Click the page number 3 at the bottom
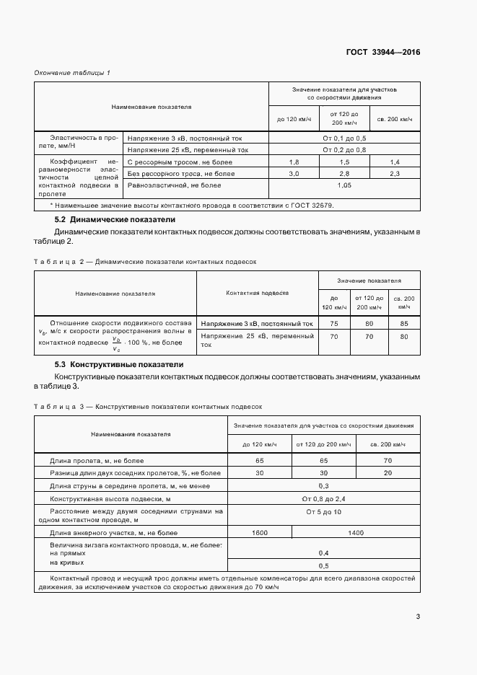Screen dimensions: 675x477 pos(418,616)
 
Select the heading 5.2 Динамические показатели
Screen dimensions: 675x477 pos(115,219)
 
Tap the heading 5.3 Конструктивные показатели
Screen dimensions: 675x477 pos(119,365)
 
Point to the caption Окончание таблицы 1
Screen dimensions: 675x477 pos(72,73)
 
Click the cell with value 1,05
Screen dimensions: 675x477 pos(343,185)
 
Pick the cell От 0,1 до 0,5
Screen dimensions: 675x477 pos(343,138)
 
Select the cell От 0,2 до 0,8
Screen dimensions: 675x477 pos(343,150)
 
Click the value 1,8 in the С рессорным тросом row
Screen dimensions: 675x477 pos(294,162)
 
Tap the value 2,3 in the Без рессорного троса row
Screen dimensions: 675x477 pos(394,174)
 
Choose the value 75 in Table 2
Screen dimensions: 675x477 pos(334,324)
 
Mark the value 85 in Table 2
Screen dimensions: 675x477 pos(403,324)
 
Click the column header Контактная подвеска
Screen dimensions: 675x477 pos(257,294)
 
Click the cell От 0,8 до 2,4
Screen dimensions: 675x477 pos(323,498)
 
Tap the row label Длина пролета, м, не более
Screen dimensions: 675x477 pos(97,460)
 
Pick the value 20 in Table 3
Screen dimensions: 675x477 pos(388,472)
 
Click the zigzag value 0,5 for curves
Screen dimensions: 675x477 pos(323,565)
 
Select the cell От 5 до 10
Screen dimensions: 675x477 pos(323,511)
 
